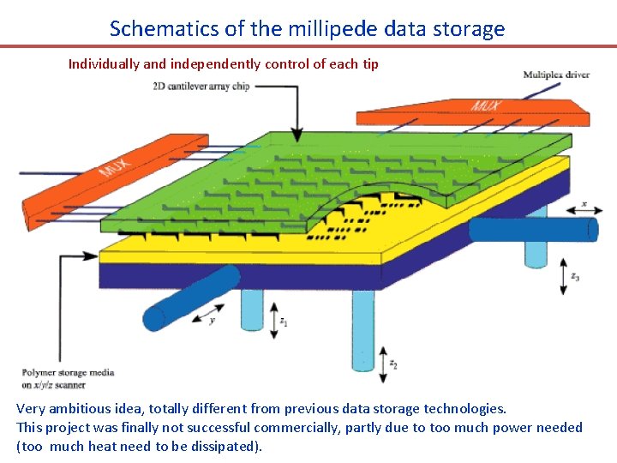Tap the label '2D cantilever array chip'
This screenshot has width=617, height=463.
pos(201,87)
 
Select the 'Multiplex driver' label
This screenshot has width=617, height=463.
pos(556,75)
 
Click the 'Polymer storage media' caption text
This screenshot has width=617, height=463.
pos(68,373)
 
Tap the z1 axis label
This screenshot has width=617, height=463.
pos(285,322)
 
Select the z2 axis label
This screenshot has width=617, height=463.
pos(393,364)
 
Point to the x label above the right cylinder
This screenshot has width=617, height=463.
pos(584,204)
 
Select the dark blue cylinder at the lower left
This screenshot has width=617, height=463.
pos(190,298)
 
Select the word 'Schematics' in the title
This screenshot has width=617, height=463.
pos(165,28)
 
